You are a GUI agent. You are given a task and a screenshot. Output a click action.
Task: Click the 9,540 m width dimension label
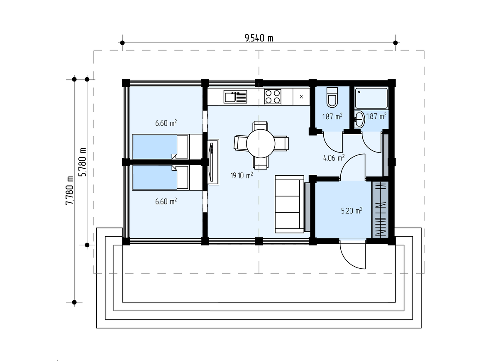259,38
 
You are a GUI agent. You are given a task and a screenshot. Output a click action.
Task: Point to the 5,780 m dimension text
83,162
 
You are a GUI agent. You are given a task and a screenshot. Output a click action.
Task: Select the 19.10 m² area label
242,175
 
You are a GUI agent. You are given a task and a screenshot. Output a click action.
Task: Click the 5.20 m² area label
352,210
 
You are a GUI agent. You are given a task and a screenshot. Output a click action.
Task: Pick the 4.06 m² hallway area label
334,158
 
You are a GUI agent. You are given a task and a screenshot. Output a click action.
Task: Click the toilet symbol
332,97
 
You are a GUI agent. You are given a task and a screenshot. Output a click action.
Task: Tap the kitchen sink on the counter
235,97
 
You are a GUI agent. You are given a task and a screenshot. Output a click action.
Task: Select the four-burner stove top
273,97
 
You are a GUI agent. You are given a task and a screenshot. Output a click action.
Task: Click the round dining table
261,144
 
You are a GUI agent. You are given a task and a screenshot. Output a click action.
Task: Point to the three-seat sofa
290,204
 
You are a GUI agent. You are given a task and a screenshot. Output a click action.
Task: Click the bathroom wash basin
359,120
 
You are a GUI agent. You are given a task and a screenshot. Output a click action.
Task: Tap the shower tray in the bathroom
371,98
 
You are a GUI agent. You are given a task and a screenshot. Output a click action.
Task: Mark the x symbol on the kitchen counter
301,97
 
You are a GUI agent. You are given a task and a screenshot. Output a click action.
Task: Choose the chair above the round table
260,126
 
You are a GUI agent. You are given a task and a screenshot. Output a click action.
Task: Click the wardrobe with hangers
380,209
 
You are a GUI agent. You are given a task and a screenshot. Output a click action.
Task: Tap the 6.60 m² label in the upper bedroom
166,123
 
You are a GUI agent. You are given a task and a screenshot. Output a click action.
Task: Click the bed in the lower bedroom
167,178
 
